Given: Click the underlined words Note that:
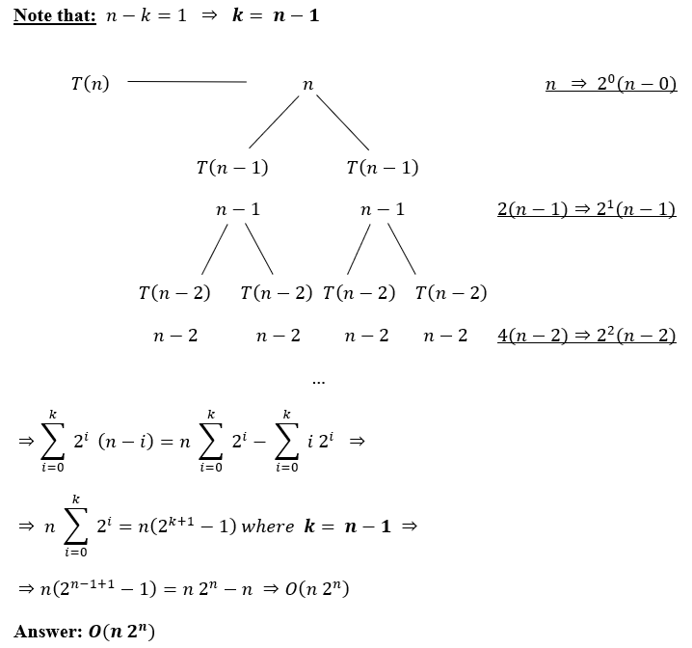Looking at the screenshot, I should point(55,16).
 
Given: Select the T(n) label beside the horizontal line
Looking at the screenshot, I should point(90,84).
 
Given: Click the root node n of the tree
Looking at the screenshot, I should point(307,85).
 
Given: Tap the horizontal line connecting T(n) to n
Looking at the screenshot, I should point(187,82).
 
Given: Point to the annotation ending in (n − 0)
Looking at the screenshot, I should point(611,85).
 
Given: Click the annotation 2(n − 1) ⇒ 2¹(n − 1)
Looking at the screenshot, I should point(586,209).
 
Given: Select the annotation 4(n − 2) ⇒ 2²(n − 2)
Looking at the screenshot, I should point(586,336).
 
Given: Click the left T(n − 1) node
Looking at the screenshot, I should point(232,168).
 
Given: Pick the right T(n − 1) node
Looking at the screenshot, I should point(383,168).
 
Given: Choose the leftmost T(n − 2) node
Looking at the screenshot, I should point(174,293).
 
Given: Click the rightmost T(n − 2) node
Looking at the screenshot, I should point(451,293).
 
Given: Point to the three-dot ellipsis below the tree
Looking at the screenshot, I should point(319,382).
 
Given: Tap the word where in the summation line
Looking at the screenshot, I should point(267,527).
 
